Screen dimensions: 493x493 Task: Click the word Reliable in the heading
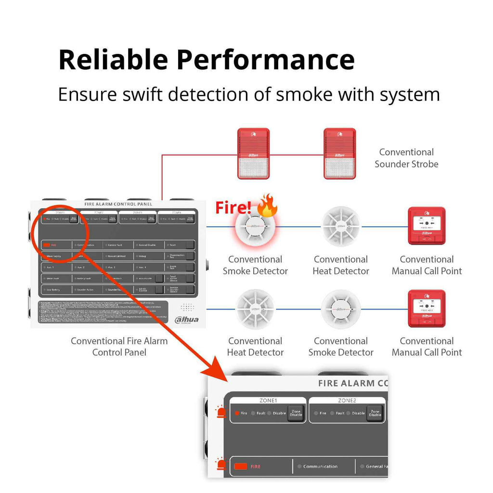113,60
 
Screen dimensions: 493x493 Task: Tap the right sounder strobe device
339,154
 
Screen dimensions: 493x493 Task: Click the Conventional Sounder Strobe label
406,158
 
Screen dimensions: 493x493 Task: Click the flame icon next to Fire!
267,206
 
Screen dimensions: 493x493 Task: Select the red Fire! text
233,208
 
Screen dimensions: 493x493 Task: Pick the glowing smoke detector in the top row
255,227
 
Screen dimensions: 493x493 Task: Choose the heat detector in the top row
340,226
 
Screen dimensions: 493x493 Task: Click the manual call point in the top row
427,225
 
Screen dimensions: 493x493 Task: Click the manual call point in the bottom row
427,309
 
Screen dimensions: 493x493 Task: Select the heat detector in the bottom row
255,309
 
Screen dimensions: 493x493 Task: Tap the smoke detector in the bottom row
340,309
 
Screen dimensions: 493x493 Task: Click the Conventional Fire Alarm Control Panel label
119,347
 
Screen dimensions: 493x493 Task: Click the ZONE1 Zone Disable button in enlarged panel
296,413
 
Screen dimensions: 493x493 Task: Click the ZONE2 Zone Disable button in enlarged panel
375,413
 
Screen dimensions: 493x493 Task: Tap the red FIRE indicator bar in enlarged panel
241,466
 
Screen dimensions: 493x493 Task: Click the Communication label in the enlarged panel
320,466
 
